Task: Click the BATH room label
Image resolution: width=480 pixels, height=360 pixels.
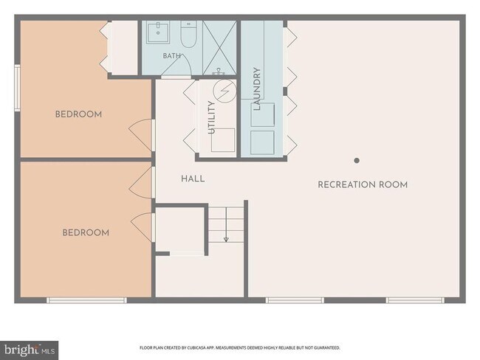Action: [x=172, y=56]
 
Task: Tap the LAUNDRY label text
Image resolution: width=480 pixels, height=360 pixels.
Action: [x=257, y=89]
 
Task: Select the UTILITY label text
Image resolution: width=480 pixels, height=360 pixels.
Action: [x=211, y=117]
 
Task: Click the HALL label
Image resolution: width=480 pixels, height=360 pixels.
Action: [x=193, y=179]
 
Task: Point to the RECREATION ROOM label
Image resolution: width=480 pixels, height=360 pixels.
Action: [x=363, y=184]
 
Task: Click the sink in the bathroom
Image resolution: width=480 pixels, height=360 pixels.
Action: [x=157, y=32]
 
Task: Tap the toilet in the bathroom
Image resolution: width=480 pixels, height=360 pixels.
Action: [x=188, y=34]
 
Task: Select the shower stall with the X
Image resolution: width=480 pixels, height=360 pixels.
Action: [x=219, y=48]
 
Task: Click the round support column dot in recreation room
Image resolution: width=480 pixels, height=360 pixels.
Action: [x=357, y=160]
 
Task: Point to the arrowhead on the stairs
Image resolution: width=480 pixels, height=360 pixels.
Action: [x=226, y=240]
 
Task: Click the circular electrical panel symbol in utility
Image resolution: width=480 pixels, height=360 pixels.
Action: [x=224, y=91]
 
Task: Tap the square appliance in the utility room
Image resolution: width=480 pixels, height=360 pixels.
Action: [x=223, y=139]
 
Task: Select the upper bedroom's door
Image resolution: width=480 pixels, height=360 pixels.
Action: [x=142, y=134]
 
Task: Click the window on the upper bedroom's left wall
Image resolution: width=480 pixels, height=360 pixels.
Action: [x=18, y=88]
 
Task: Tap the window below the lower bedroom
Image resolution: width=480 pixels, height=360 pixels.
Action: [x=86, y=300]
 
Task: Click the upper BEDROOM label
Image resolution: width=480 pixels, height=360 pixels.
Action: [x=78, y=114]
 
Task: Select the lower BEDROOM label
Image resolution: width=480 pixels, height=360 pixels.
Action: [x=86, y=233]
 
